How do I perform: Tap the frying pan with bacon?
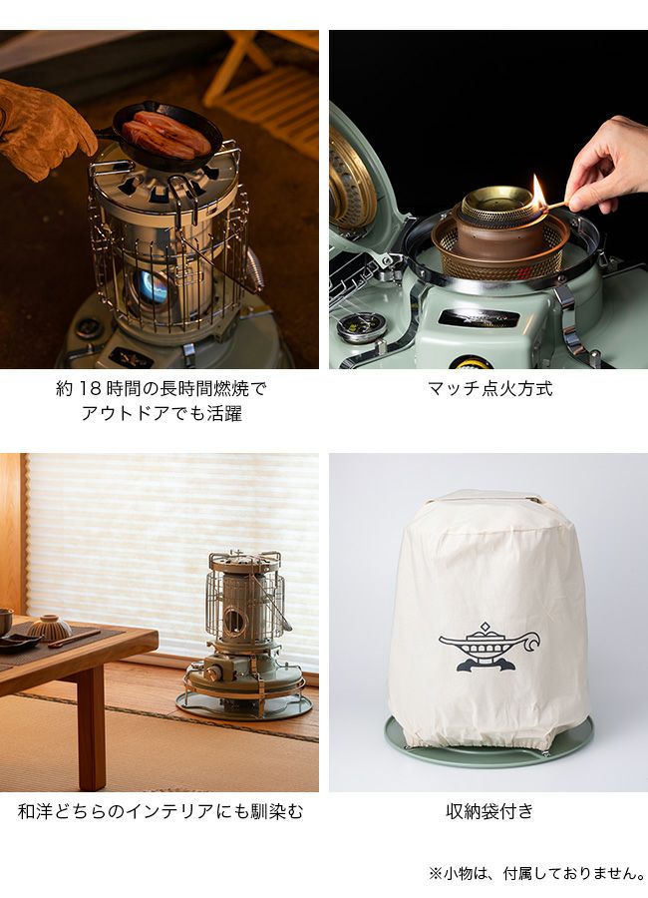[x=166, y=135]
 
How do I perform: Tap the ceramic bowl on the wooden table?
[x=50, y=628]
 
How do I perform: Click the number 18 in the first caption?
[x=90, y=389]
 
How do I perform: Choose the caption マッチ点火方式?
[x=490, y=389]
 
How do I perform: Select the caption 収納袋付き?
[x=489, y=811]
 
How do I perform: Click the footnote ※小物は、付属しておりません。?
[x=537, y=874]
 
